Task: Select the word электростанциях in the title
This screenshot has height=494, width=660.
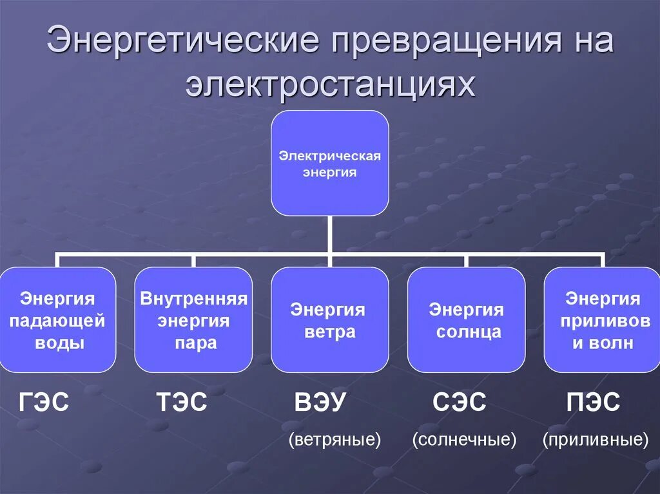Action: point(331,84)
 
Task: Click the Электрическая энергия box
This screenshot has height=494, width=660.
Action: point(330,163)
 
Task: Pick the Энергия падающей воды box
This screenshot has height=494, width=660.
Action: point(58,320)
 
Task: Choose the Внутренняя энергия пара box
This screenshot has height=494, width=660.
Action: point(193,320)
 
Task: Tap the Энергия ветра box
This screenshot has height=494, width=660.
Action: point(330,320)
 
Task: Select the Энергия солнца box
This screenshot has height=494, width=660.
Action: point(466,320)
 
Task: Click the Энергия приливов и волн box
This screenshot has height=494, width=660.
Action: point(603,320)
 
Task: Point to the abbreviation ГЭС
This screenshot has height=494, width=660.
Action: point(44,404)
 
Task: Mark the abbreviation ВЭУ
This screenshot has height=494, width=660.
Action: point(320,404)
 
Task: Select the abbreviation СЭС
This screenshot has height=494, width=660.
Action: point(459,404)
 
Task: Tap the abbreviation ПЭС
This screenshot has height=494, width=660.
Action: point(593,404)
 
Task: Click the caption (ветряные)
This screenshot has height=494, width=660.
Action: point(335,441)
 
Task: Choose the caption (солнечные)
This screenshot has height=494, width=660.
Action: point(465,441)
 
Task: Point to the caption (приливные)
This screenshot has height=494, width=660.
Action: point(595,441)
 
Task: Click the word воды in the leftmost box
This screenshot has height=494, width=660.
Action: point(59,343)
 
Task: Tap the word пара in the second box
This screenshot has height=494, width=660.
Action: point(195,343)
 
